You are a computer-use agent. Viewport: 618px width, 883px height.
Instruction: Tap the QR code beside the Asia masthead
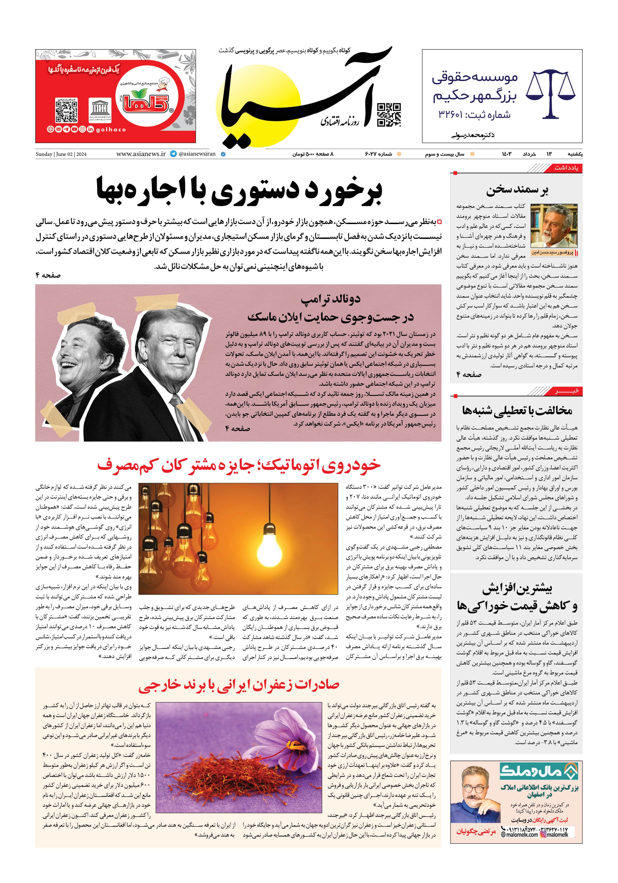[389, 115]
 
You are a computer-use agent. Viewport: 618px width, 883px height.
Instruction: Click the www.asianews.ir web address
[141, 154]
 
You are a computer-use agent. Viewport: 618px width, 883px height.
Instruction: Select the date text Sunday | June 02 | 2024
[61, 154]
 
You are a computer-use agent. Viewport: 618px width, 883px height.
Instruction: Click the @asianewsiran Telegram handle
[196, 154]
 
